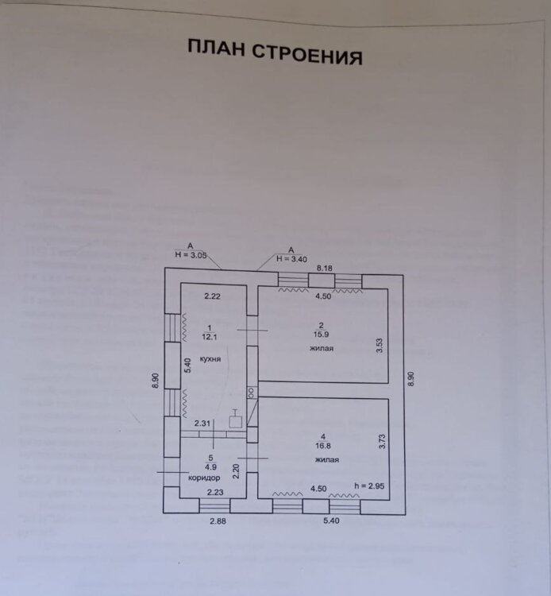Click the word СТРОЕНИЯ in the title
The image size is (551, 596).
(307, 55)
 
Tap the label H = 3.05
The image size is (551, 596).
(191, 255)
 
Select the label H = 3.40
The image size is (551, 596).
(292, 258)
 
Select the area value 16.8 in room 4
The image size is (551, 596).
(321, 447)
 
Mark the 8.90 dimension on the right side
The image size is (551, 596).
(412, 379)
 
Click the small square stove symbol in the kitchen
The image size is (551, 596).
(235, 422)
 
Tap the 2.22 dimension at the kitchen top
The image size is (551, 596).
(210, 296)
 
